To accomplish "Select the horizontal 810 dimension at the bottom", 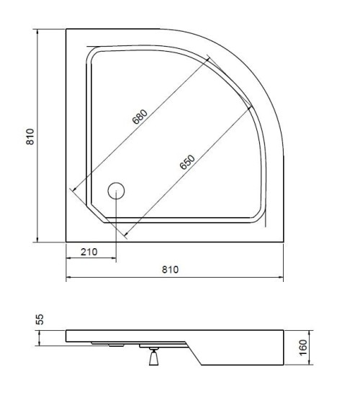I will tap(169, 269).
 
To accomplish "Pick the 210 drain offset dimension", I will tap(89, 252).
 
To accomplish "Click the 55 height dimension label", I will tap(40, 319).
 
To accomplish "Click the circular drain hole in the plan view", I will tap(116, 191).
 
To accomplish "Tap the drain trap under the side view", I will tap(152, 357).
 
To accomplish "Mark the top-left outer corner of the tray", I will tap(66, 29).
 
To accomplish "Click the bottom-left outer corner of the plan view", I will tap(66, 242).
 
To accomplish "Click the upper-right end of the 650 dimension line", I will tap(253, 106).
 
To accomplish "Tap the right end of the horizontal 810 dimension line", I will tap(282, 278).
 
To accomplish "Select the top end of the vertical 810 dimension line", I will tap(37, 29).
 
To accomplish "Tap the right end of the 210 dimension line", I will tap(116, 260).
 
